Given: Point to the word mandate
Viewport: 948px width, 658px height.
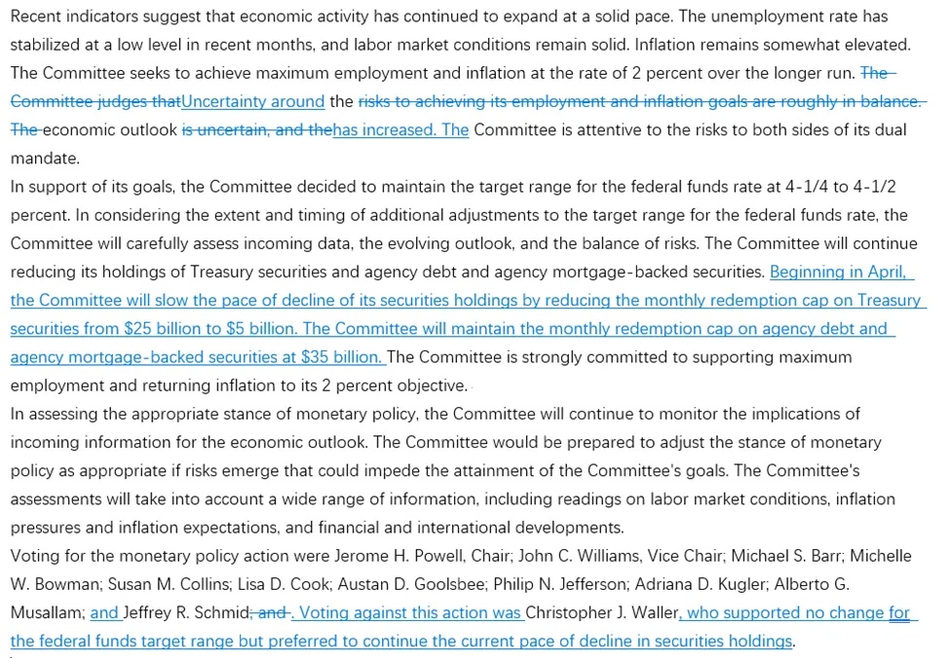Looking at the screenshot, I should [x=43, y=159].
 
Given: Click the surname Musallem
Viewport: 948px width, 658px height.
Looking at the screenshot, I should [x=45, y=613].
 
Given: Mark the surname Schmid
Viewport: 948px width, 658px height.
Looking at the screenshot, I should [x=222, y=613].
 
